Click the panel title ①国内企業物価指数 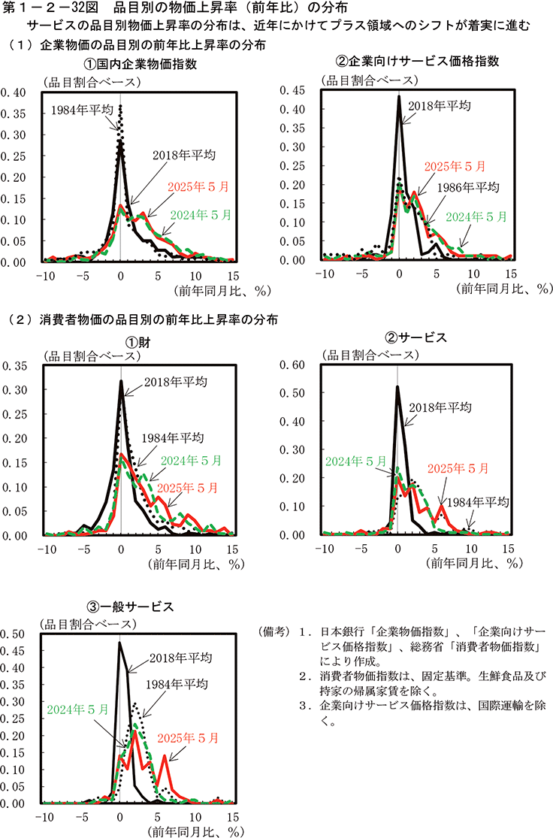pyautogui.click(x=140, y=63)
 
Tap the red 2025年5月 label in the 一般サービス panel pyautogui.click(x=183, y=715)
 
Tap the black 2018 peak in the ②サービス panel pyautogui.click(x=397, y=387)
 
